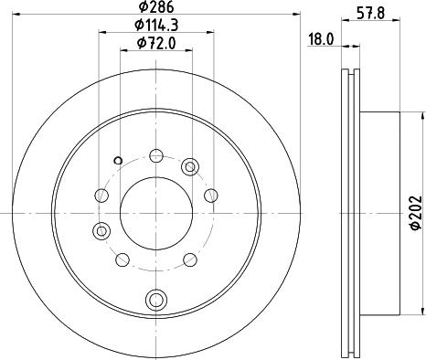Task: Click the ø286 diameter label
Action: [x=156, y=6]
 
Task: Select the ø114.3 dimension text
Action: [x=156, y=25]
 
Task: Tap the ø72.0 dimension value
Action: [x=156, y=43]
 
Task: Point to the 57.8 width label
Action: [x=370, y=14]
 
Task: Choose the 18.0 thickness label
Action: [x=321, y=39]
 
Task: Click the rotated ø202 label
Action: [x=416, y=213]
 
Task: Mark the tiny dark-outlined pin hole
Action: [x=118, y=160]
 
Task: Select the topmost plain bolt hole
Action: [x=156, y=155]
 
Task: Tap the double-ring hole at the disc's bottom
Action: [x=156, y=299]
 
